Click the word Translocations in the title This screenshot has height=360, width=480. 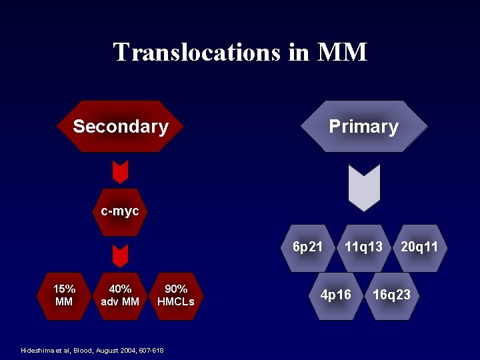[197, 52]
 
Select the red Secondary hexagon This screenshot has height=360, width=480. [121, 127]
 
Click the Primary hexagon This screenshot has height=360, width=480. [363, 127]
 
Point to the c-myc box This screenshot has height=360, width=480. [119, 212]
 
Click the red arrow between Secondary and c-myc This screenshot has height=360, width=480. [120, 172]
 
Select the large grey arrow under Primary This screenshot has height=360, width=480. [364, 187]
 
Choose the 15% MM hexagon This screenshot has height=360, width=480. [64, 295]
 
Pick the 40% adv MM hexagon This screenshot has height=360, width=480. [120, 295]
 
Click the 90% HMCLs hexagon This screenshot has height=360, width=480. [176, 295]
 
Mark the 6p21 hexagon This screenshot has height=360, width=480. [308, 247]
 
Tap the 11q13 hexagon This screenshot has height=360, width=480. [363, 247]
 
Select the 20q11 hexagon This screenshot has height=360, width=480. [419, 247]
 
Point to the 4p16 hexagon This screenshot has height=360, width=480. [336, 295]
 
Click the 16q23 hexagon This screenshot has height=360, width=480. [391, 295]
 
